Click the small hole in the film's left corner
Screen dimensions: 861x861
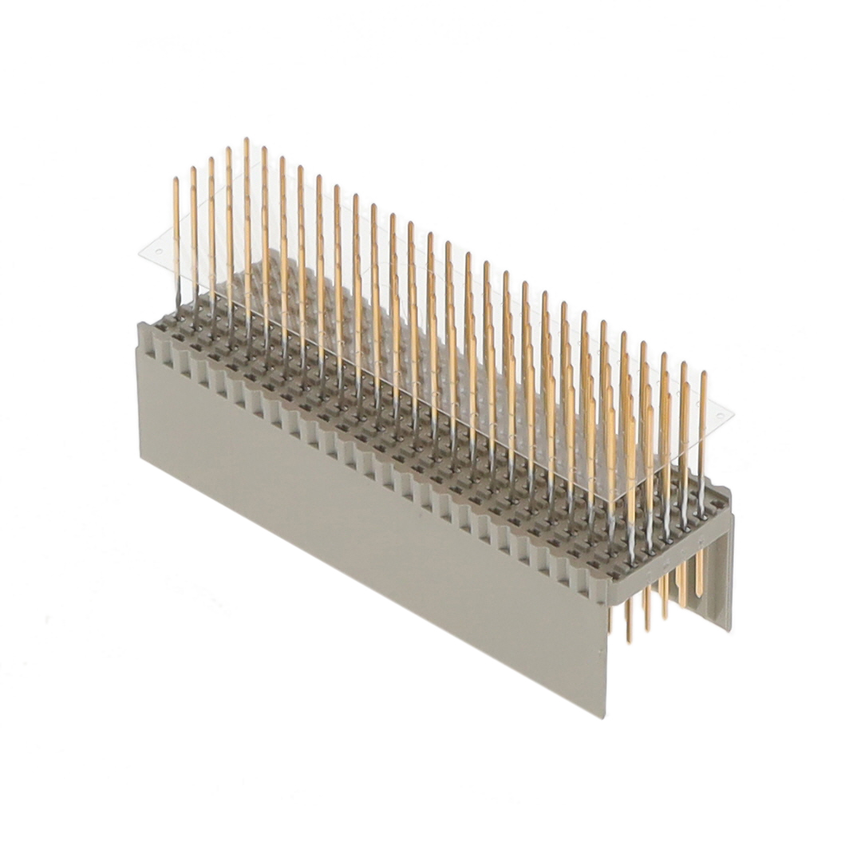pos(157,251)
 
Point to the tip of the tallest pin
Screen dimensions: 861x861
pos(246,140)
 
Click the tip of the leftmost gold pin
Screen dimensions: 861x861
pos(176,180)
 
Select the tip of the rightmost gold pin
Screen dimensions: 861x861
pos(702,373)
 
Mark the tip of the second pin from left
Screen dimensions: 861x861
pos(193,169)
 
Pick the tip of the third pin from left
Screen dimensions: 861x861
pos(211,159)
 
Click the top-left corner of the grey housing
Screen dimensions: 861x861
pos(140,325)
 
